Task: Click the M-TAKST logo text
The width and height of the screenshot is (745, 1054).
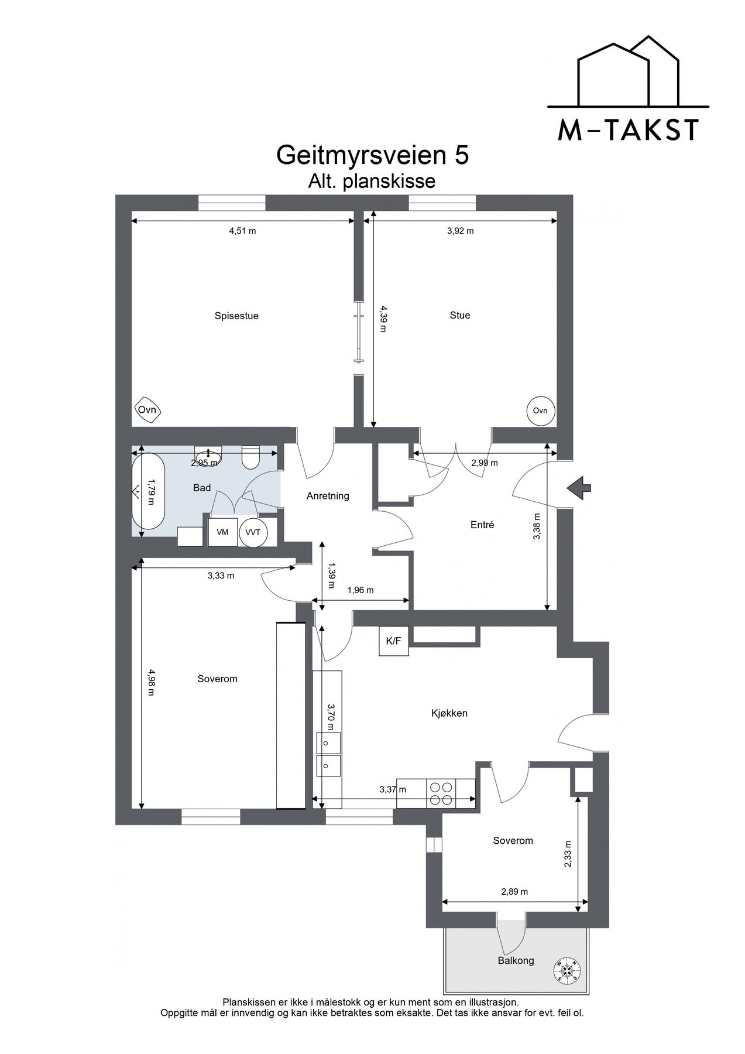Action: pos(628,130)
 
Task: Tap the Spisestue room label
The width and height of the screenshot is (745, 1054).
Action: pos(236,316)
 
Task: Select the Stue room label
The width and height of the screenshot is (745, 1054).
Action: pos(460,316)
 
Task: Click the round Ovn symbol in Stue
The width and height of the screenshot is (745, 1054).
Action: pos(540,410)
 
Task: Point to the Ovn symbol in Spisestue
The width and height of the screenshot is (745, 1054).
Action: pos(147,410)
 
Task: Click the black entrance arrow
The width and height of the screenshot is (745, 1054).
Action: pos(579,487)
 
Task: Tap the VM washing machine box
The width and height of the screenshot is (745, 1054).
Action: pos(222,532)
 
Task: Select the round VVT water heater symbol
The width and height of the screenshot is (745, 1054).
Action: pos(253,532)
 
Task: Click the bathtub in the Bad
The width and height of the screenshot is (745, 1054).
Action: pos(148,492)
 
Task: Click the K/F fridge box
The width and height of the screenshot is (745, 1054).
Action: pos(393,641)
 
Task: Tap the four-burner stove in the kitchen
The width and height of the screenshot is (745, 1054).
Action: pos(441,794)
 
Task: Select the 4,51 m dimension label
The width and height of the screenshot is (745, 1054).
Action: pos(242,231)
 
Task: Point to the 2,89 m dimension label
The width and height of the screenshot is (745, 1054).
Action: pos(514,892)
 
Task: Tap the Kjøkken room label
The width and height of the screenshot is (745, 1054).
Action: pos(449,713)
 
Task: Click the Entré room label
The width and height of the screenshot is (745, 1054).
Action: pos(482,525)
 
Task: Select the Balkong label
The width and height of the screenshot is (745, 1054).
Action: pos(516,960)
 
